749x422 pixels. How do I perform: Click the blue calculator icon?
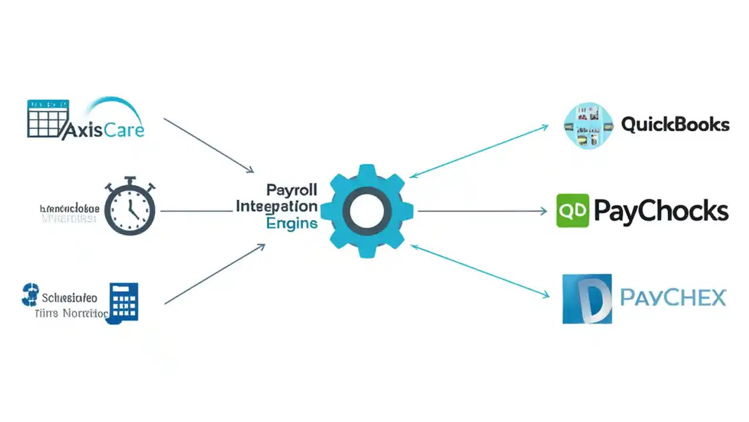(x=123, y=301)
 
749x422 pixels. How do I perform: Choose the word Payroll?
(x=291, y=190)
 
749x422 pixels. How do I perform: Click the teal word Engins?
(x=291, y=223)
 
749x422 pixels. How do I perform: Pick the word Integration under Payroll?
(x=277, y=206)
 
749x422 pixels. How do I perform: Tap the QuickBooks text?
(x=675, y=124)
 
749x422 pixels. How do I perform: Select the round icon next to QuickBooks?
(x=587, y=125)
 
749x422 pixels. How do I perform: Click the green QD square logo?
(x=572, y=210)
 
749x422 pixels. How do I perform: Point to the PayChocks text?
(x=661, y=210)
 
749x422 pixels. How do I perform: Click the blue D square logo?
(x=587, y=299)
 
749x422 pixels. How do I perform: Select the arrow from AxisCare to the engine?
(x=208, y=145)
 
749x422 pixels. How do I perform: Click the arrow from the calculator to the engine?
(x=214, y=274)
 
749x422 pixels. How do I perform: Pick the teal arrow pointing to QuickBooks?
(x=479, y=151)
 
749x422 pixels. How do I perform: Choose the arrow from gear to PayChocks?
(x=482, y=210)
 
